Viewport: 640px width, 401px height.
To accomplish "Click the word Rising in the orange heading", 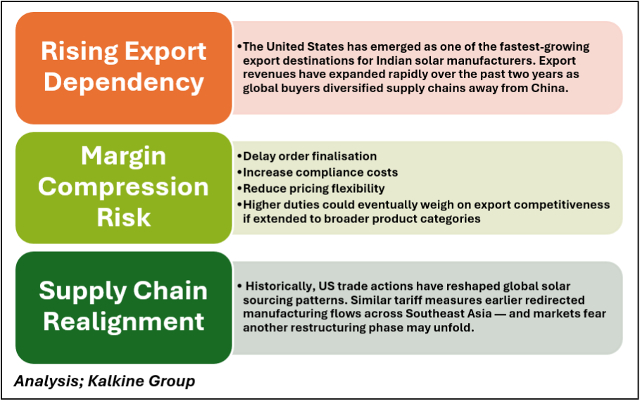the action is click(x=80, y=52).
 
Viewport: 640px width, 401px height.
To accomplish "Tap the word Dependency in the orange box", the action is click(x=124, y=82).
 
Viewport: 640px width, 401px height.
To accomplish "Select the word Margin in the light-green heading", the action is click(x=124, y=157).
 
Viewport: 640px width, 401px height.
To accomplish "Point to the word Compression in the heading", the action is click(x=123, y=187).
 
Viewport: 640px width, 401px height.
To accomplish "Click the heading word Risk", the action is click(x=124, y=217).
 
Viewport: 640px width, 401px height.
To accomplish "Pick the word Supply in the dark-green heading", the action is click(x=83, y=292).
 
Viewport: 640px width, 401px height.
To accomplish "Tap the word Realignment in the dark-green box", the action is click(x=124, y=322).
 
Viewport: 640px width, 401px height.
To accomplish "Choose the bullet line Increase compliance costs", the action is click(x=320, y=172).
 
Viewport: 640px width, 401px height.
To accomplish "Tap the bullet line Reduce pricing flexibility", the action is click(x=314, y=189).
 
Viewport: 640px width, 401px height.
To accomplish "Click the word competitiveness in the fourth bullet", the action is click(x=562, y=205).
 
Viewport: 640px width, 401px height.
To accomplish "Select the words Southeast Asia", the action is click(x=448, y=314).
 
